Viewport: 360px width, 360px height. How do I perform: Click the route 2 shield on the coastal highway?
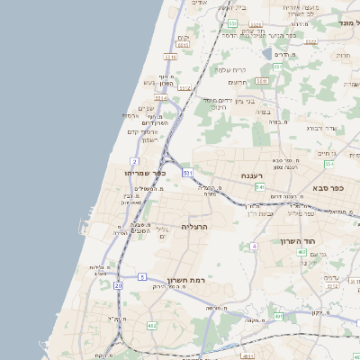click(133, 161)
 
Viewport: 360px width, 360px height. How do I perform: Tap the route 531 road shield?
click(187, 171)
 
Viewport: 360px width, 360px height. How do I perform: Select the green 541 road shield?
click(259, 187)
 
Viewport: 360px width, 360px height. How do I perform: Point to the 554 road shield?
click(328, 165)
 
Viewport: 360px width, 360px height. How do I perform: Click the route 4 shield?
click(255, 245)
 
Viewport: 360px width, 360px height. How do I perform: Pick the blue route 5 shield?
click(141, 276)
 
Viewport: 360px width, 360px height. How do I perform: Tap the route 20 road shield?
click(118, 285)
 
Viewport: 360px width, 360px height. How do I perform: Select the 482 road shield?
click(151, 326)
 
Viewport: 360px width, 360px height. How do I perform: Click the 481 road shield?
click(278, 317)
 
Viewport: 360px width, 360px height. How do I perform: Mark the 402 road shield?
click(247, 356)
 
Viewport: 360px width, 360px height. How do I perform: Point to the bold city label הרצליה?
click(194, 226)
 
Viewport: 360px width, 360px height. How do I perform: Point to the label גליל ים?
click(163, 232)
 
